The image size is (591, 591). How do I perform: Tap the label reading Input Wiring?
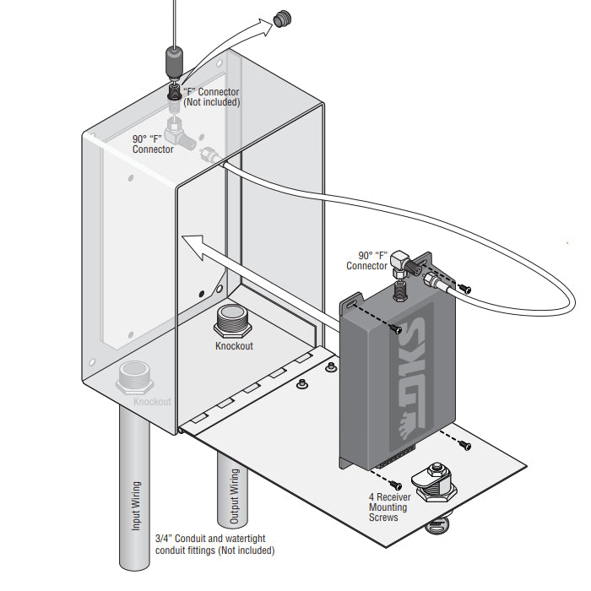[135, 507]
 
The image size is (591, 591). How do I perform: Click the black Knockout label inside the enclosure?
[233, 346]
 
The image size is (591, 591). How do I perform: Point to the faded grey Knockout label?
[152, 402]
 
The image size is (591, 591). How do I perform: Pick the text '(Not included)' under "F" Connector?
[211, 102]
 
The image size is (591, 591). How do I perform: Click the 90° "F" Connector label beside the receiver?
[366, 260]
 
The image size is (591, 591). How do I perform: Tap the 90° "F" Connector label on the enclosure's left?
[153, 144]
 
